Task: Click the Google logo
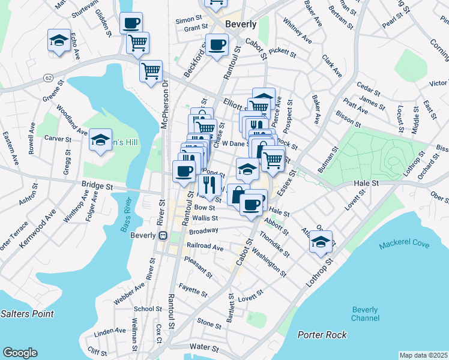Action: tap(20, 353)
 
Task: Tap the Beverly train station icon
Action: tap(163, 236)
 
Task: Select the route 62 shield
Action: tap(49, 78)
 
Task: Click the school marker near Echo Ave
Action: tap(58, 41)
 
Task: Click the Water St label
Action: tap(203, 347)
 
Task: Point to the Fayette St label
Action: tap(193, 292)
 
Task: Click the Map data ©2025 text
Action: tap(424, 355)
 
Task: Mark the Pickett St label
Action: tap(283, 53)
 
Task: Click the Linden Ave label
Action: tap(108, 331)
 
